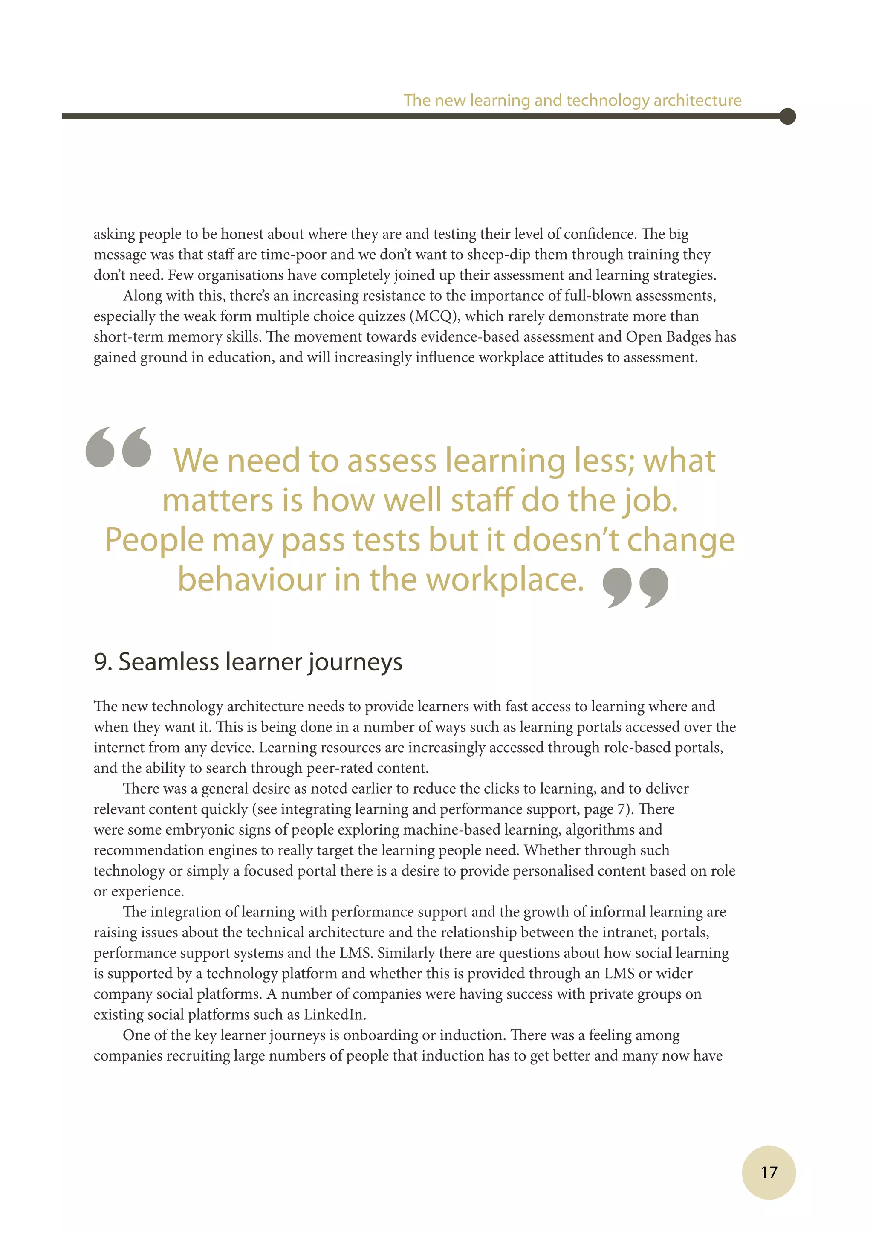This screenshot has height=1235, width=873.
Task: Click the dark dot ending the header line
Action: pos(787,116)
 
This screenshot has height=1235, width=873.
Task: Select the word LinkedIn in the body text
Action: pos(334,1015)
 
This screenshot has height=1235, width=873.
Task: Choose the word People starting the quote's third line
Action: pos(154,539)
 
